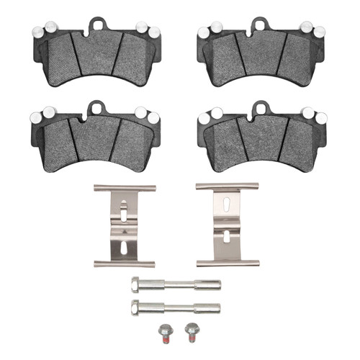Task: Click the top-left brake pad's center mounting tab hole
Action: click(x=99, y=25)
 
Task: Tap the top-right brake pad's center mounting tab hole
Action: click(x=259, y=25)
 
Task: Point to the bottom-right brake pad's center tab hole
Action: click(x=259, y=109)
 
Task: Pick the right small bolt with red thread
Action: click(x=191, y=332)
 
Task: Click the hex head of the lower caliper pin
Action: click(x=135, y=309)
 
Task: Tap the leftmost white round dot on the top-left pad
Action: click(x=37, y=31)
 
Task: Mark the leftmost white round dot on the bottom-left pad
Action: click(x=34, y=115)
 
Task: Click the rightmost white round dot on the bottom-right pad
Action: click(x=321, y=117)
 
